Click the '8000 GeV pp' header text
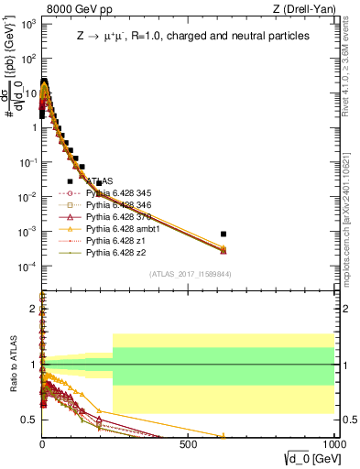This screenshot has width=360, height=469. [79, 9]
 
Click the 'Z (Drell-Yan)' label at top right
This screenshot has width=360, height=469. [305, 9]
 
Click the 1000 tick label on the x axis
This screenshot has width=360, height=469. [333, 445]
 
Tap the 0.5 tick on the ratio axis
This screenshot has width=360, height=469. [28, 420]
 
